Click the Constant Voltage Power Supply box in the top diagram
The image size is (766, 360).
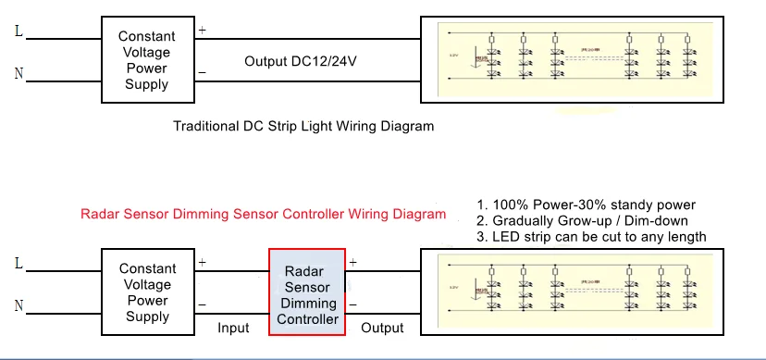(146, 60)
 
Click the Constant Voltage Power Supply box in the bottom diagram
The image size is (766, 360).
(146, 292)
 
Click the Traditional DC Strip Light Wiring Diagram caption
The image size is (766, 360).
(303, 126)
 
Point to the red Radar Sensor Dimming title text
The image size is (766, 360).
(263, 214)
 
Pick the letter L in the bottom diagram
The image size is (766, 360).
(19, 264)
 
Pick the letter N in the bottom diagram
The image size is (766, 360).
(19, 305)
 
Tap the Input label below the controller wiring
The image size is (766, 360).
(233, 328)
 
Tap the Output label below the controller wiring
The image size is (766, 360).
(382, 328)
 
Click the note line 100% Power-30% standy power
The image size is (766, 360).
(586, 205)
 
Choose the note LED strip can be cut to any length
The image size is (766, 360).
(591, 237)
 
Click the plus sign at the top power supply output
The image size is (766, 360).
(202, 31)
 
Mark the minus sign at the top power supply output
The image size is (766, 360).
(202, 72)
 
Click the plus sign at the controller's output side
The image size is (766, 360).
(352, 263)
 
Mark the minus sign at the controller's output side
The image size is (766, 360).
(352, 304)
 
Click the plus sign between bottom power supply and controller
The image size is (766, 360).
(202, 263)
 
